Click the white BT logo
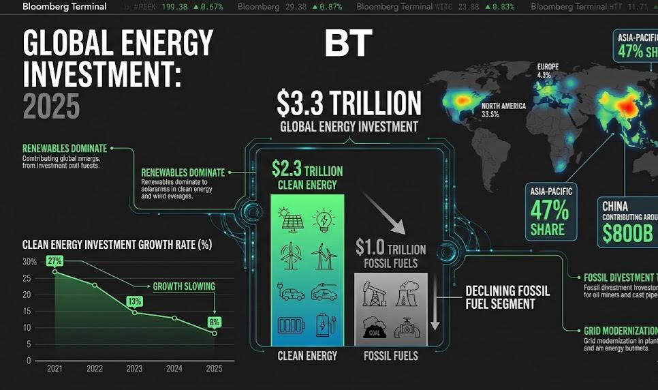(x=348, y=43)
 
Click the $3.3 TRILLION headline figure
(x=349, y=103)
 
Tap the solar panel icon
(x=290, y=220)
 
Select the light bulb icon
(x=324, y=220)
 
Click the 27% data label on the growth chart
(x=54, y=260)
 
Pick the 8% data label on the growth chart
(x=215, y=321)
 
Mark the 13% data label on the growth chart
(x=134, y=301)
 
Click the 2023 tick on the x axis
(x=134, y=369)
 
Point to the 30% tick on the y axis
(x=29, y=262)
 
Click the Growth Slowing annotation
(x=184, y=286)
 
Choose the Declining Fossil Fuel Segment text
(x=507, y=297)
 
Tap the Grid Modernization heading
(x=620, y=331)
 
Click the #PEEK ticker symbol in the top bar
(x=145, y=7)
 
